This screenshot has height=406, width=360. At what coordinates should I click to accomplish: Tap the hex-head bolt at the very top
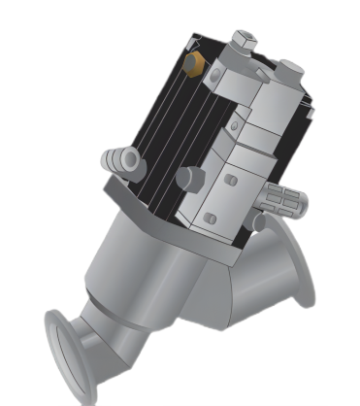(x=244, y=40)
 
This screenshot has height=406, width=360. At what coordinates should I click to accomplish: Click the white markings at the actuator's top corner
(x=198, y=42)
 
